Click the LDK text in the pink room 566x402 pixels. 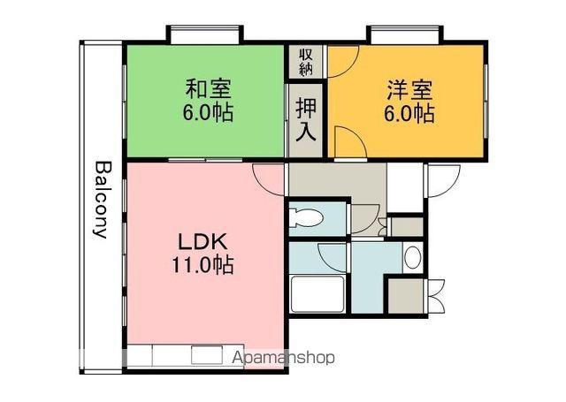[x=203, y=241]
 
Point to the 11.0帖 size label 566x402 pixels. [x=203, y=265]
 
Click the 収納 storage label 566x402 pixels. [x=306, y=62]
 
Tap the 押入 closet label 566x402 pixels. [x=306, y=119]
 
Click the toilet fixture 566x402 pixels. [x=306, y=218]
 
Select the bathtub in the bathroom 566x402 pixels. [x=317, y=294]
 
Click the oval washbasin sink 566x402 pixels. [x=413, y=258]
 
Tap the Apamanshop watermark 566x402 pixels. [x=283, y=358]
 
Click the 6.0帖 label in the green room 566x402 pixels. [x=208, y=113]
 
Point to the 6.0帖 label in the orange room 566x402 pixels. [x=409, y=114]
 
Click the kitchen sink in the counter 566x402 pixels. [x=206, y=355]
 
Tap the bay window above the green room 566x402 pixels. [x=204, y=34]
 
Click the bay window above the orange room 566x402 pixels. [x=405, y=34]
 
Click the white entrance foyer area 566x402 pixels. [x=405, y=187]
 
